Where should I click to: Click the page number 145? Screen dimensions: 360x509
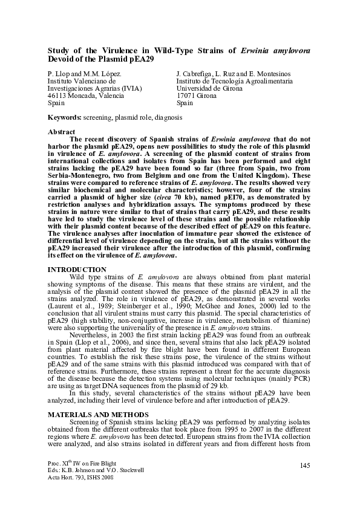(305, 464)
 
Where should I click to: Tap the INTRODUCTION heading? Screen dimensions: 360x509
(77, 269)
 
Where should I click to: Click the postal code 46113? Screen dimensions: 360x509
(58, 96)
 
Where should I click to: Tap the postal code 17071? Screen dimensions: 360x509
(187, 96)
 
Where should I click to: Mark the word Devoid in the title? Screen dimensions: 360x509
(62, 60)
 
